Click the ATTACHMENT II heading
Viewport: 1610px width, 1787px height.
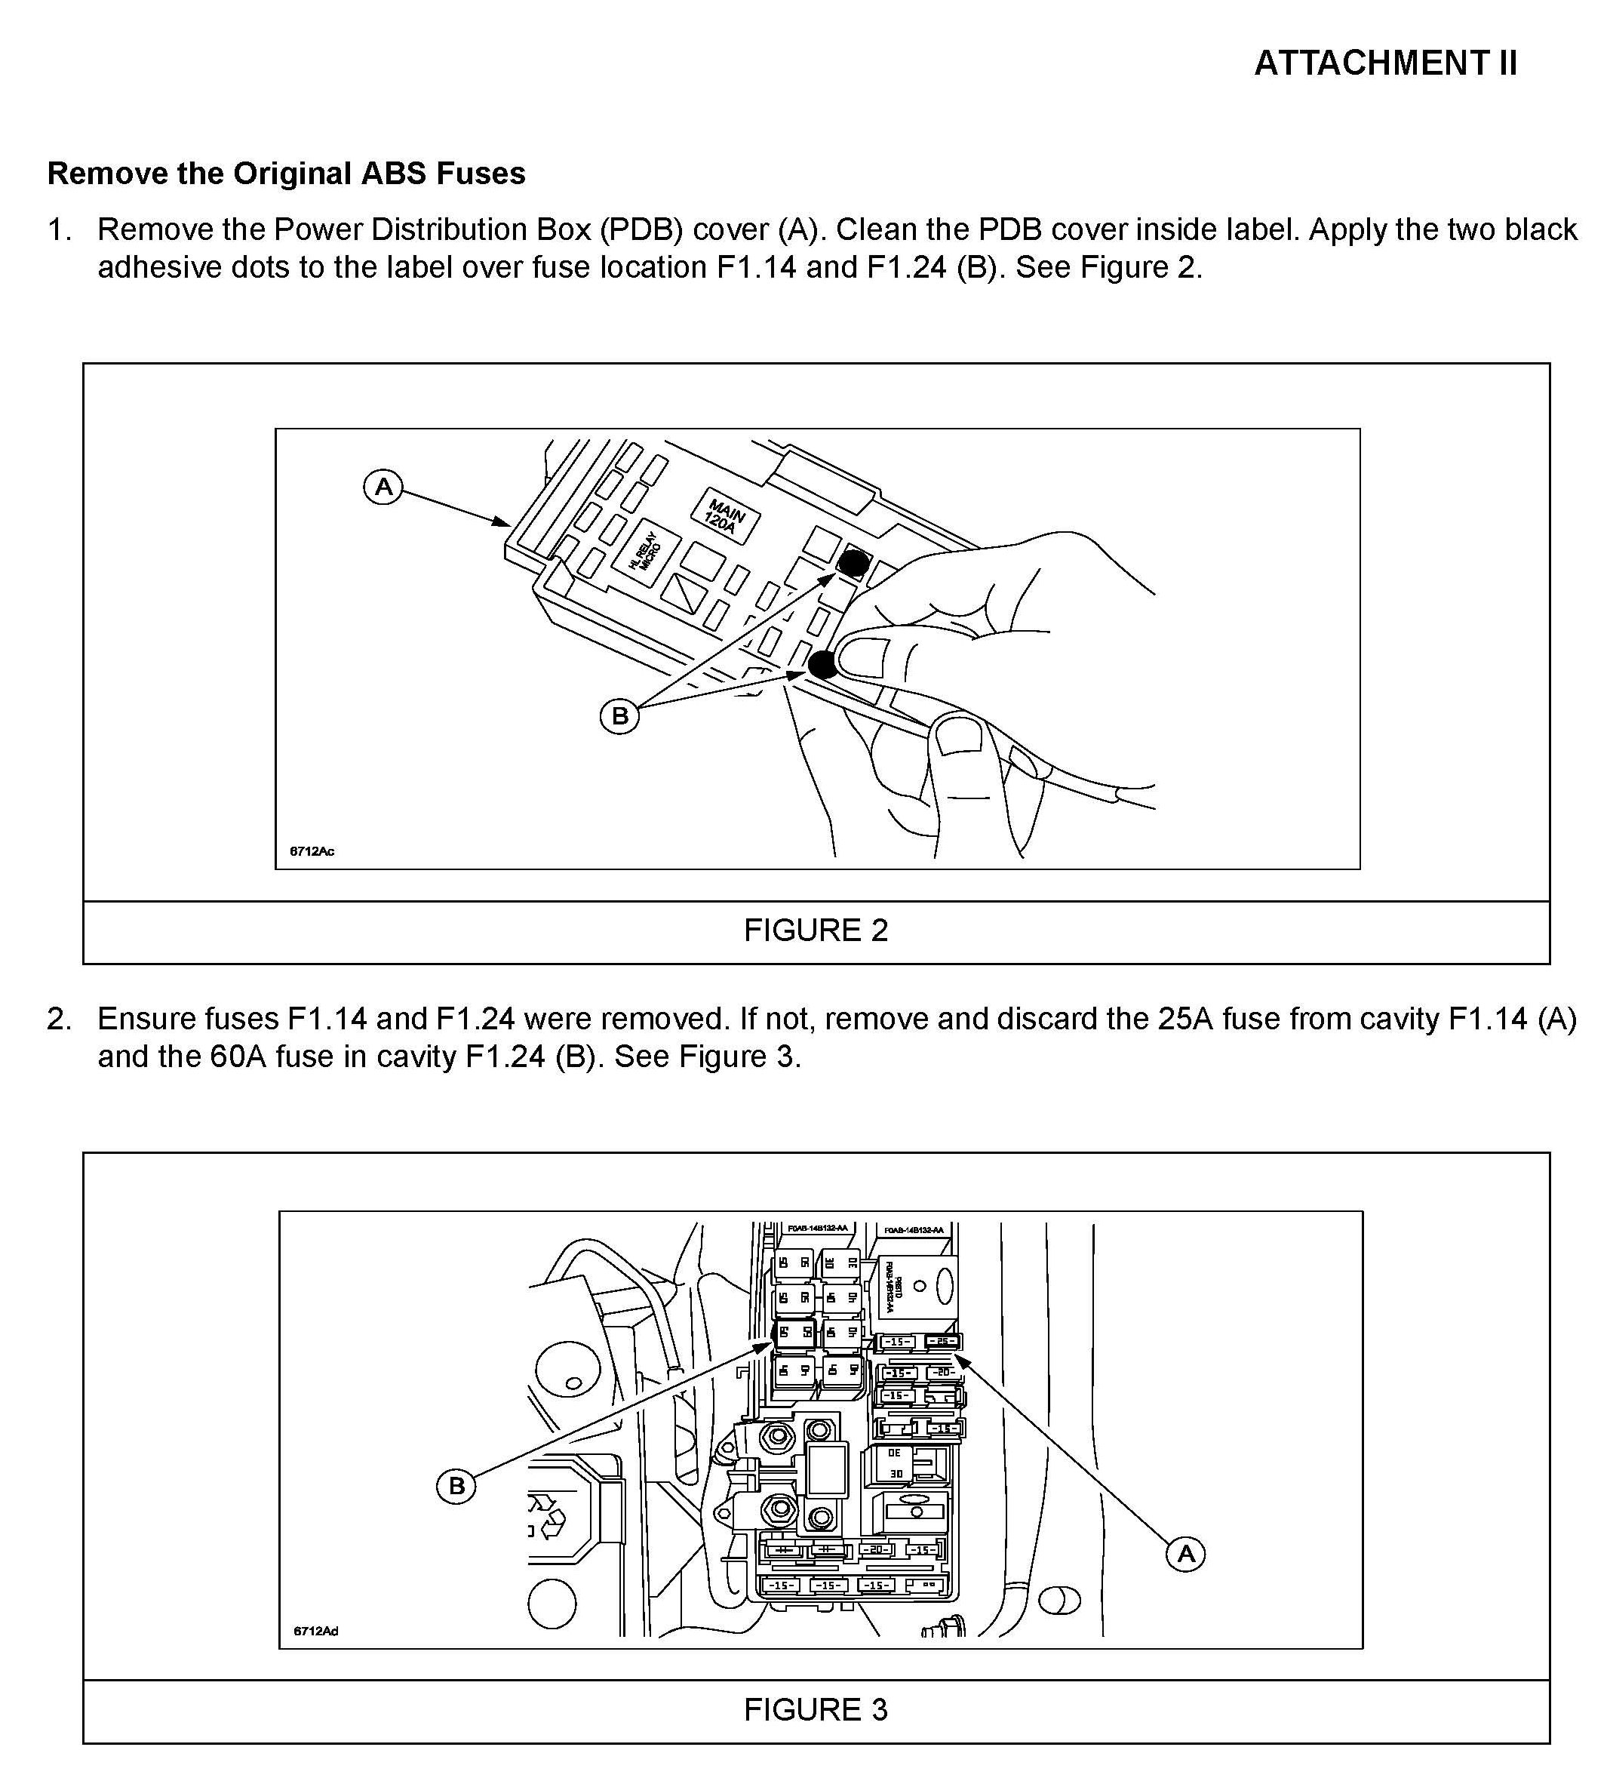pyautogui.click(x=1385, y=63)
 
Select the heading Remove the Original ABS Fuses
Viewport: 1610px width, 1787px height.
pyautogui.click(x=286, y=173)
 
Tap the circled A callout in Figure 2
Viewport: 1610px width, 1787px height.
pyautogui.click(x=383, y=487)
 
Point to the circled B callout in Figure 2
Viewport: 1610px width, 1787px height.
pyautogui.click(x=619, y=715)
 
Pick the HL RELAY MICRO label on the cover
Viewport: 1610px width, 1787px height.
pyautogui.click(x=645, y=549)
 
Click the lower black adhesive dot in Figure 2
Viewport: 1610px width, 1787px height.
pyautogui.click(x=822, y=663)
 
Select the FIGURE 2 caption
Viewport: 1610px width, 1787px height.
pyautogui.click(x=815, y=930)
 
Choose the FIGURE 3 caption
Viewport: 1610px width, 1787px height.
pyautogui.click(x=815, y=1709)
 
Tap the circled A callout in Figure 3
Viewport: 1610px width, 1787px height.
pyautogui.click(x=1185, y=1554)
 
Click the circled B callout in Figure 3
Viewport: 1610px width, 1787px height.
pyautogui.click(x=456, y=1485)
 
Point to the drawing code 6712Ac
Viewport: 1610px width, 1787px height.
pyautogui.click(x=312, y=851)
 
